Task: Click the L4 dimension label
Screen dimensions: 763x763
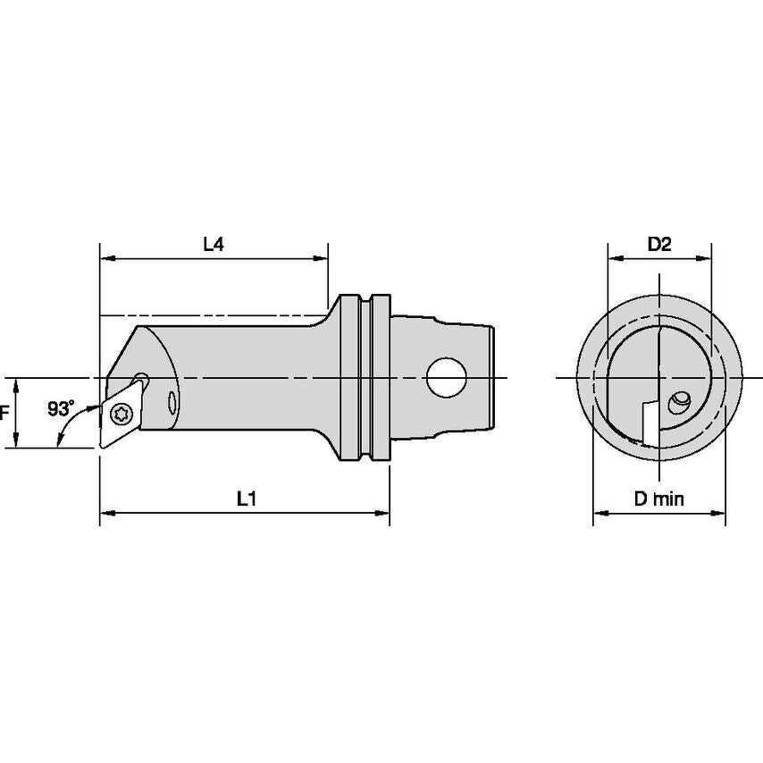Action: pos(213,244)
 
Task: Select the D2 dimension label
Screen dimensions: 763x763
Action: pos(659,244)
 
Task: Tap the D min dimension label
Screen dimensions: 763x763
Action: pos(659,499)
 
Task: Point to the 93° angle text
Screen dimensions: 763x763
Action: pos(62,408)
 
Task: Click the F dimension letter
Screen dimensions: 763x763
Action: pos(4,413)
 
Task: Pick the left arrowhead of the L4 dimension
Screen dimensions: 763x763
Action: pos(106,259)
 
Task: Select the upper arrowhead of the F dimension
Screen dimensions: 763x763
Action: pos(17,383)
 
